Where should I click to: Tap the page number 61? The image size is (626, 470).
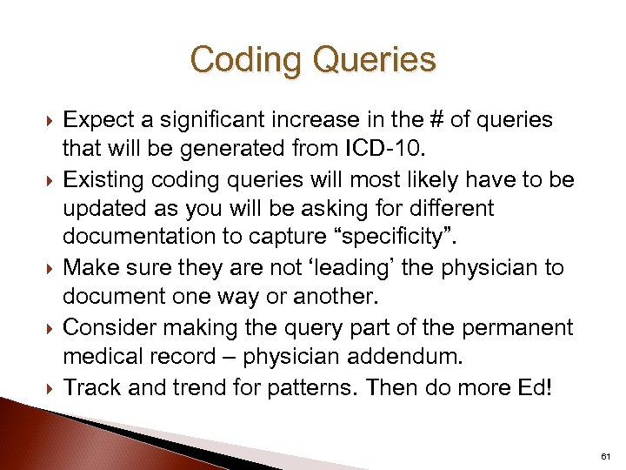pos(605,456)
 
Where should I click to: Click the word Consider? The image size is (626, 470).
pos(109,327)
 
